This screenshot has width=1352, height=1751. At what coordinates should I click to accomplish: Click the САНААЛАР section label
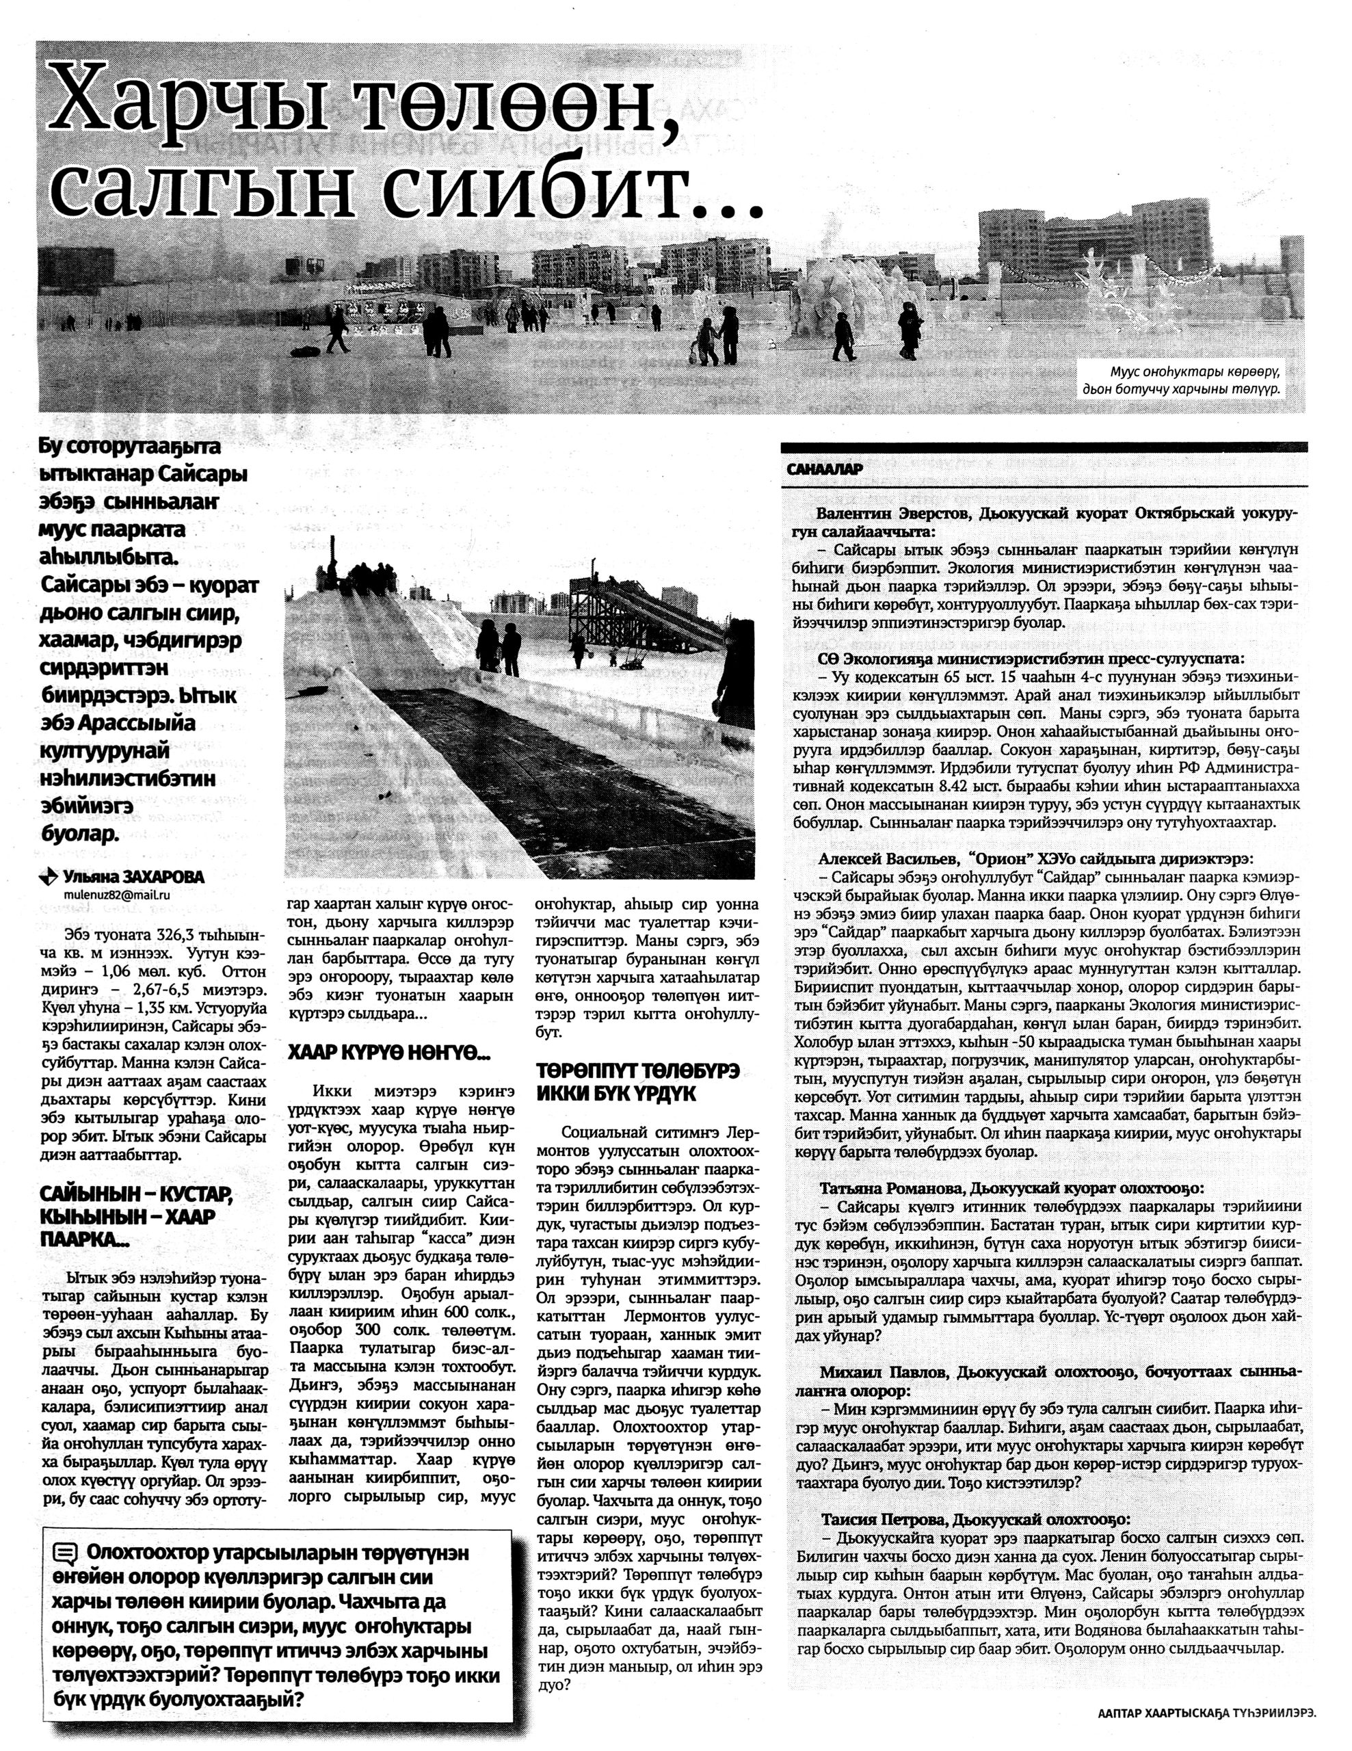pos(825,471)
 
